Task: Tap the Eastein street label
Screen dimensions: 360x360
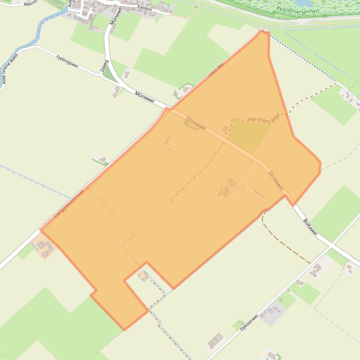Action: click(145, 8)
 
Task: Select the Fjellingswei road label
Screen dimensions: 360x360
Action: click(67, 61)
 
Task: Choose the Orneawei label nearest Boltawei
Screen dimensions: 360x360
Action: click(276, 180)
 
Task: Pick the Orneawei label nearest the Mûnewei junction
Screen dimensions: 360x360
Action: click(196, 123)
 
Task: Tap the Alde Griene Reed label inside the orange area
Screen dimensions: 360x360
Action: click(263, 119)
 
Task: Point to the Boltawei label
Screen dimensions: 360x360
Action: click(310, 226)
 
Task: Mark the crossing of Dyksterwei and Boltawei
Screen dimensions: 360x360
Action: click(331, 244)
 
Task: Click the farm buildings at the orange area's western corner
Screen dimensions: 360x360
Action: click(45, 248)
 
